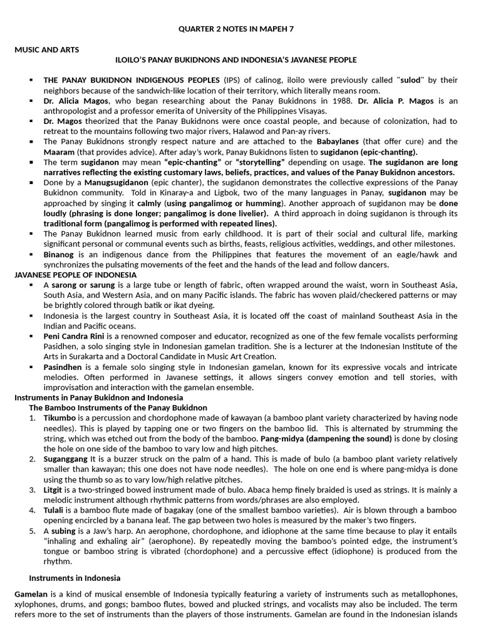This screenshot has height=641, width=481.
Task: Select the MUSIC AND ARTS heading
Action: (47, 49)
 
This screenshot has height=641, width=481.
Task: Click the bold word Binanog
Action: (59, 254)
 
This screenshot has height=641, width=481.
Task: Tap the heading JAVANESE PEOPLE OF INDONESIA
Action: (75, 275)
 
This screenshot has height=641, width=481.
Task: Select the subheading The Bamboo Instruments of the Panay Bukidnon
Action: (118, 408)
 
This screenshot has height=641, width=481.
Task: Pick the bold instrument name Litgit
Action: (52, 490)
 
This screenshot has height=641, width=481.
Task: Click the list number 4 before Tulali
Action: (32, 510)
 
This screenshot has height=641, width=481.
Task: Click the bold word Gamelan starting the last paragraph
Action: (32, 593)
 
